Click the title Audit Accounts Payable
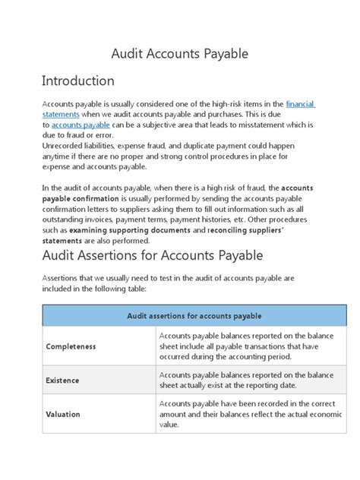point(180,55)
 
